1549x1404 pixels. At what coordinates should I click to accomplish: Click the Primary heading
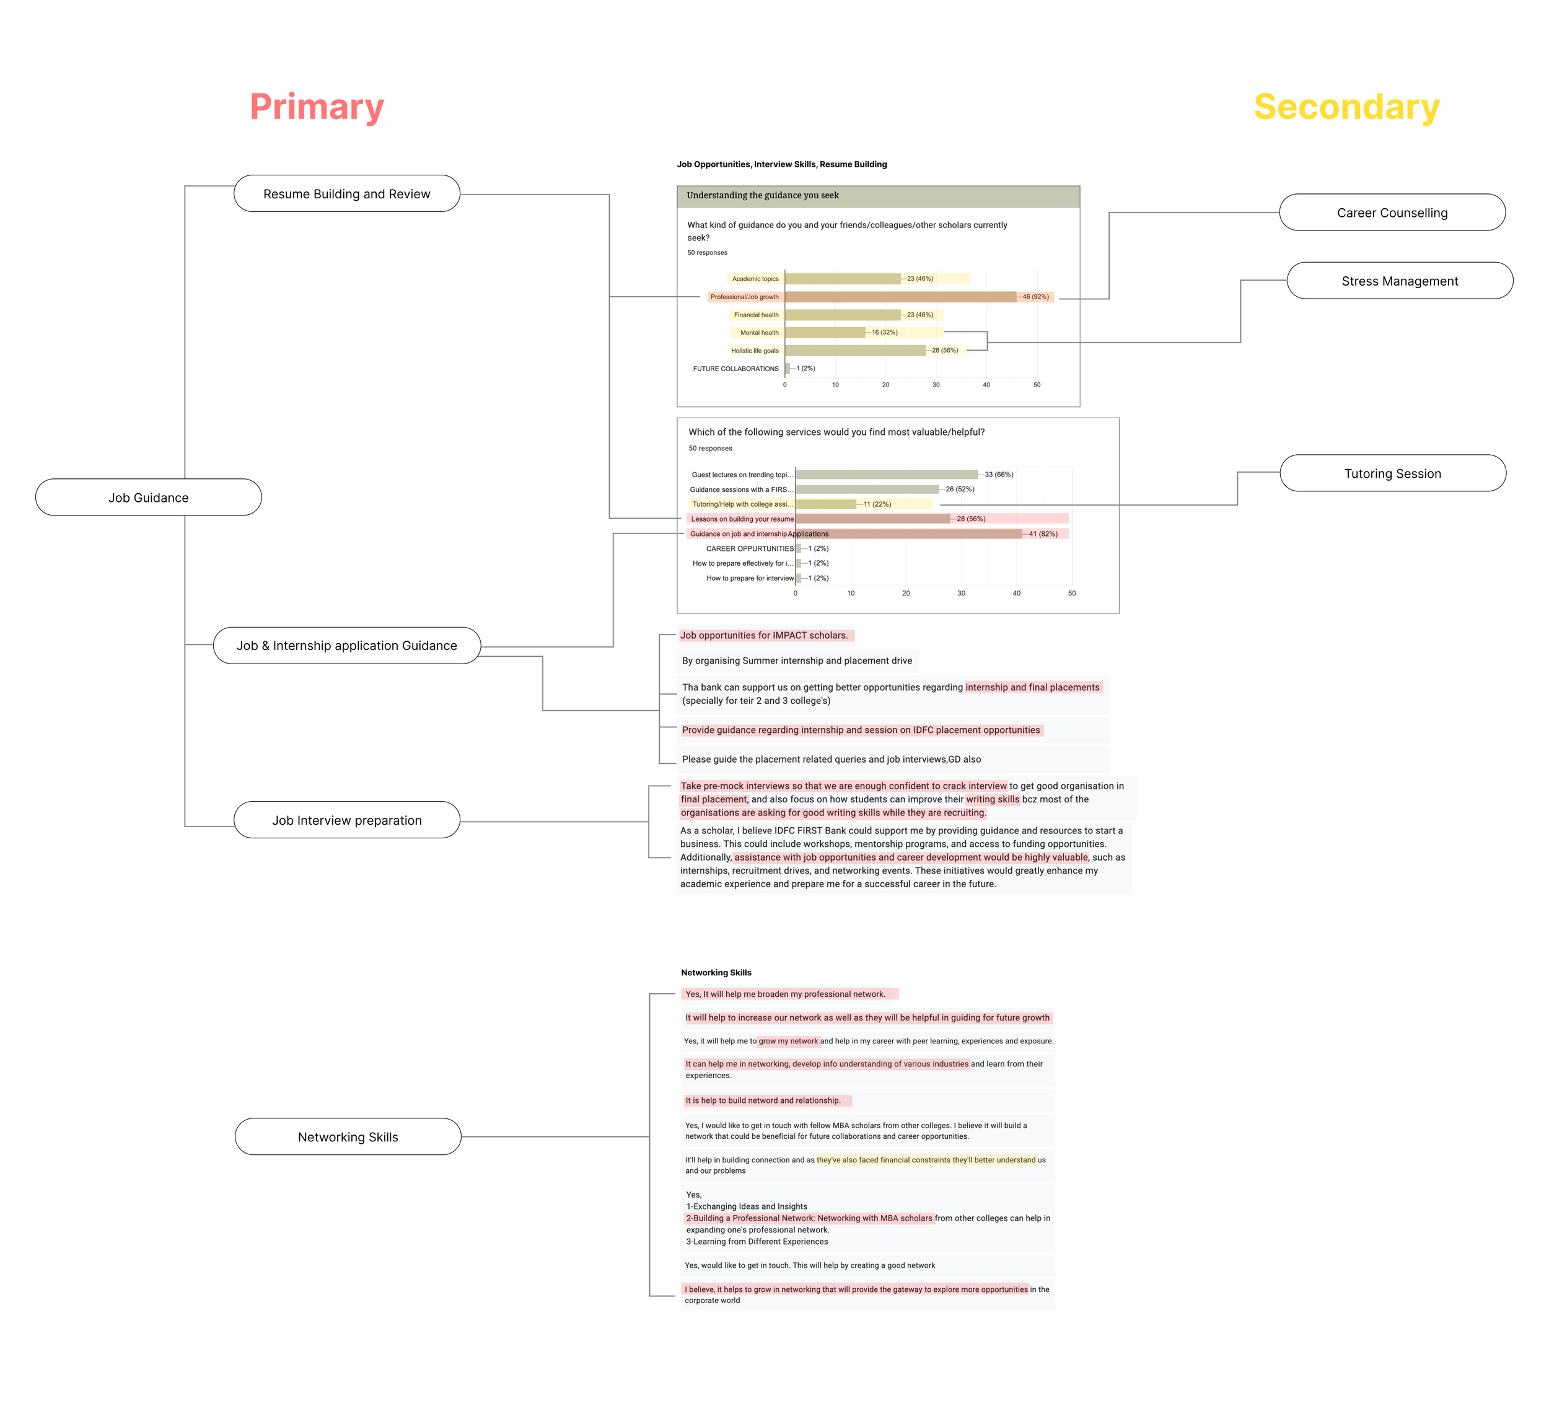[x=317, y=107]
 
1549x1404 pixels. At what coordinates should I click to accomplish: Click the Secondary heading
[x=1346, y=107]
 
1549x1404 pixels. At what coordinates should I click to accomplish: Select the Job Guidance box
[x=148, y=497]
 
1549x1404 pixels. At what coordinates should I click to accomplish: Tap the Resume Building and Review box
[x=346, y=194]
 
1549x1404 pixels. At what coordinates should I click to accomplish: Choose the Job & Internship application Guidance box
[x=346, y=646]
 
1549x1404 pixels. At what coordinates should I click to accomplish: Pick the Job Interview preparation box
[x=346, y=820]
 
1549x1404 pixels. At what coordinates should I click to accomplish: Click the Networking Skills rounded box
[x=348, y=1136]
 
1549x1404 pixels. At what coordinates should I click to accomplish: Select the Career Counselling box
[x=1392, y=212]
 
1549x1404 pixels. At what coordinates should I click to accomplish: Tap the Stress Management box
[x=1399, y=281]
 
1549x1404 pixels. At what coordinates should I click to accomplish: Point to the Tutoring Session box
[x=1392, y=473]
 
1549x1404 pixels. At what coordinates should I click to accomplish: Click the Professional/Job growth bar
[x=900, y=297]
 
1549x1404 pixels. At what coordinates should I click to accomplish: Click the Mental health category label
[x=758, y=333]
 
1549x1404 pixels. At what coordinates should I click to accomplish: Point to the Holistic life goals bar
[x=854, y=351]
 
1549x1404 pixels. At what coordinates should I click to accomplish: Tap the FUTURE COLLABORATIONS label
[x=735, y=369]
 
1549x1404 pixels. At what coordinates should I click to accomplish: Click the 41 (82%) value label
[x=1043, y=534]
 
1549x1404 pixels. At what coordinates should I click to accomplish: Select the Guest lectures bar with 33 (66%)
[x=886, y=475]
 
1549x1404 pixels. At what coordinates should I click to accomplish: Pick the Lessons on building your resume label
[x=742, y=519]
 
